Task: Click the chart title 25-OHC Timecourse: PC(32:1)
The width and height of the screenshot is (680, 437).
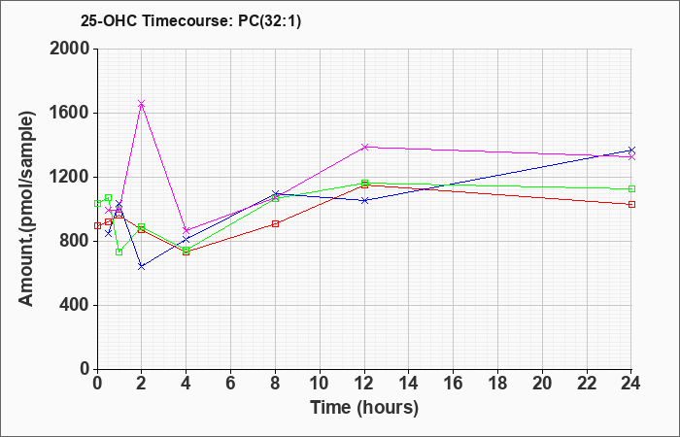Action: [x=190, y=21]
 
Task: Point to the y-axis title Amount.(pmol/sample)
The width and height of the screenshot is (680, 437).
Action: [x=26, y=209]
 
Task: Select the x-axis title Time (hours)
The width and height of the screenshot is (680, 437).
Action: [x=364, y=408]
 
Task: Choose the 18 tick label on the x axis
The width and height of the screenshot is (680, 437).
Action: [x=497, y=384]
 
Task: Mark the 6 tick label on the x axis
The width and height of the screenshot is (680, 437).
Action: [x=231, y=384]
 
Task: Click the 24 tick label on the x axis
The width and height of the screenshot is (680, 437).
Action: [x=631, y=384]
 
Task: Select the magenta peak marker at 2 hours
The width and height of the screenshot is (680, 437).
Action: [x=142, y=104]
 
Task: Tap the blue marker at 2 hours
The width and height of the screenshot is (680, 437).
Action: [x=142, y=267]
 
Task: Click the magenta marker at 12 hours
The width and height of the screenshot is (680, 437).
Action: [x=364, y=147]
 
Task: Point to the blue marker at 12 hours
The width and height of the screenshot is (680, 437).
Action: [x=364, y=200]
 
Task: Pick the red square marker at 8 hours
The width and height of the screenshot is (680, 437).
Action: [x=275, y=223]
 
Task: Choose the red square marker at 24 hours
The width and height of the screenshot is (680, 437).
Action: [x=631, y=204]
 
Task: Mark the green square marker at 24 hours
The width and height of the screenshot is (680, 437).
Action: [x=631, y=188]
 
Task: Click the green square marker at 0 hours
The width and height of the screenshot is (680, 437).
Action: [x=97, y=203]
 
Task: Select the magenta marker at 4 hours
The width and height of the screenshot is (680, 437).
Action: [x=187, y=230]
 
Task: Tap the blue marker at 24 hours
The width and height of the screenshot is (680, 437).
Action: [x=631, y=150]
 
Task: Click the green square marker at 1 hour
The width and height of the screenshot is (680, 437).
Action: [x=119, y=252]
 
